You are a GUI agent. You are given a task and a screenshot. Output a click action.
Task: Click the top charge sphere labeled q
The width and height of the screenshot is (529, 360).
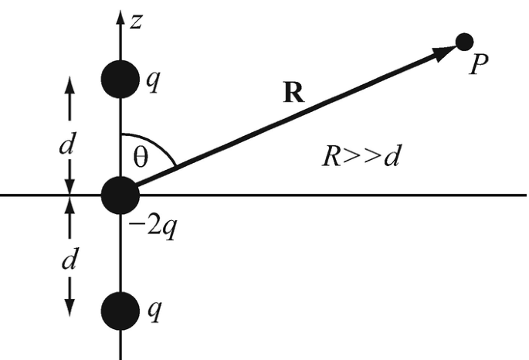point(120,79)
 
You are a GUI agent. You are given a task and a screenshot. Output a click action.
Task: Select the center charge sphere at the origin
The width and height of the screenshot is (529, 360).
point(120,195)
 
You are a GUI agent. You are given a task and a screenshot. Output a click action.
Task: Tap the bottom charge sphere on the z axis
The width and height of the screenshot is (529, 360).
point(120,311)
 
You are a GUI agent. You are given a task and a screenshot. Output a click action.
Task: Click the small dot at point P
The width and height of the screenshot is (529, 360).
point(464,42)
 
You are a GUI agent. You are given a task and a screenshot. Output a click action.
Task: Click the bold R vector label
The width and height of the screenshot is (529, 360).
point(293,93)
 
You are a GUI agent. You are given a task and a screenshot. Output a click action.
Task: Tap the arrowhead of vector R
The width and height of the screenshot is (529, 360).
point(444,52)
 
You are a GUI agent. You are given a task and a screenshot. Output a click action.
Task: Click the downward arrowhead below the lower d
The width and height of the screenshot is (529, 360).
point(70,308)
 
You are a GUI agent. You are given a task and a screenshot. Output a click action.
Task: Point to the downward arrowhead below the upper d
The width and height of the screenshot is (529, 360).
point(70,186)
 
